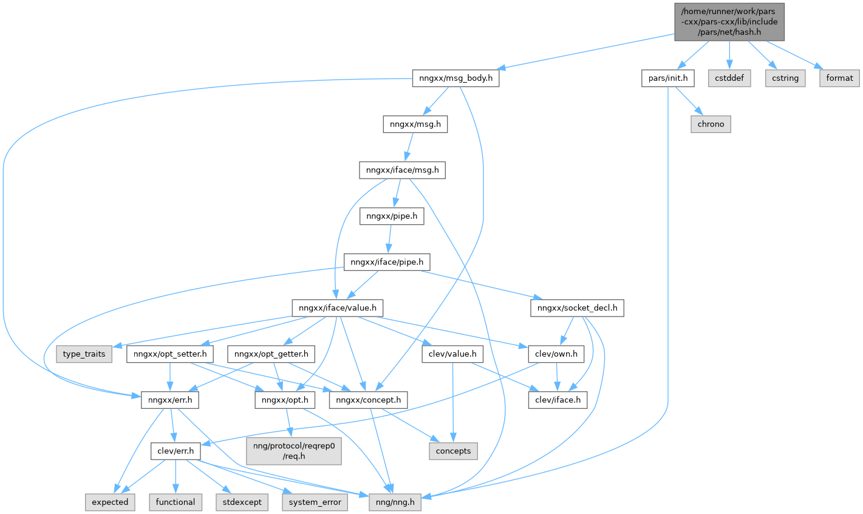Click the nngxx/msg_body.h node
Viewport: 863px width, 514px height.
point(455,78)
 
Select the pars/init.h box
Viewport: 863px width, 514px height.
point(668,78)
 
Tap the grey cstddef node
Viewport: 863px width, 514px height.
point(729,78)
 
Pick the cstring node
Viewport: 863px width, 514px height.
point(785,78)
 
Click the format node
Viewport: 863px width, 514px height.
point(839,78)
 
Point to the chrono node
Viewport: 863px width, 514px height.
point(711,124)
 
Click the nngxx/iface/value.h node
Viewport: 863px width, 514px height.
point(337,308)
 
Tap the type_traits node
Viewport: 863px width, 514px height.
point(84,354)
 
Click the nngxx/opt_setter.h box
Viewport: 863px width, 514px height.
point(170,354)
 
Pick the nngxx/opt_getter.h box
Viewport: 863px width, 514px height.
point(271,354)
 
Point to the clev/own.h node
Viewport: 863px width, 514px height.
point(556,354)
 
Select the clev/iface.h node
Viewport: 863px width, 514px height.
point(558,400)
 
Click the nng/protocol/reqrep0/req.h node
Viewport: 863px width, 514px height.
point(294,450)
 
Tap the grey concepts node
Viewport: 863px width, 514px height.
point(453,451)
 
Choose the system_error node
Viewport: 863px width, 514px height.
point(315,502)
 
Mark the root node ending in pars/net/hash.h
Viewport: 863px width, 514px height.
point(729,22)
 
